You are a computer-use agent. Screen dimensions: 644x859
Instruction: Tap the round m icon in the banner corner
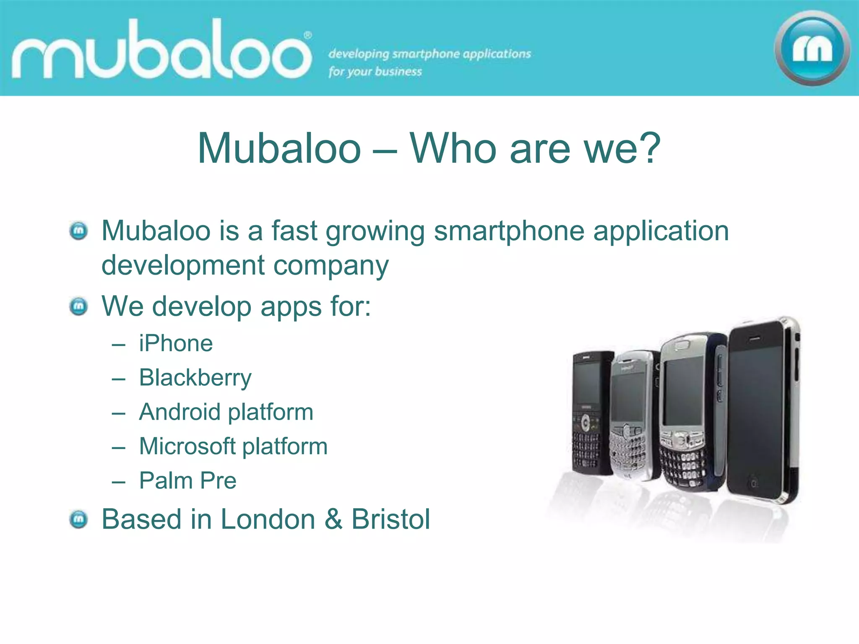[x=812, y=48]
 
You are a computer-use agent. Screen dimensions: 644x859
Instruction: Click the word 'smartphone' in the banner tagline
[x=426, y=54]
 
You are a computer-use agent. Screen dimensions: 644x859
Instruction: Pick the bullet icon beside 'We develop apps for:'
[x=78, y=306]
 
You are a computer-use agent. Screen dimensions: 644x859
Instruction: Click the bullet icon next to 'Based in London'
[x=78, y=519]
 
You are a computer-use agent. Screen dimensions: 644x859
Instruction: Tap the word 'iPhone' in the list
[x=176, y=343]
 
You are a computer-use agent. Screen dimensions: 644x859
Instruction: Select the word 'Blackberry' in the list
[x=195, y=378]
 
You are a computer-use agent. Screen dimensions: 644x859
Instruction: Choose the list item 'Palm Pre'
[x=187, y=480]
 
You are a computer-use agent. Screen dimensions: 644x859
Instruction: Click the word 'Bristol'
[x=390, y=519]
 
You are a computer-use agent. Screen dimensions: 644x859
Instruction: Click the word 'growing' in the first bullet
[x=375, y=231]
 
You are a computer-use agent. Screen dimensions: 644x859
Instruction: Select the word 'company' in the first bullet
[x=331, y=266]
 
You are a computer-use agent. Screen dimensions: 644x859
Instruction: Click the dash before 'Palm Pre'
[x=119, y=482]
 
